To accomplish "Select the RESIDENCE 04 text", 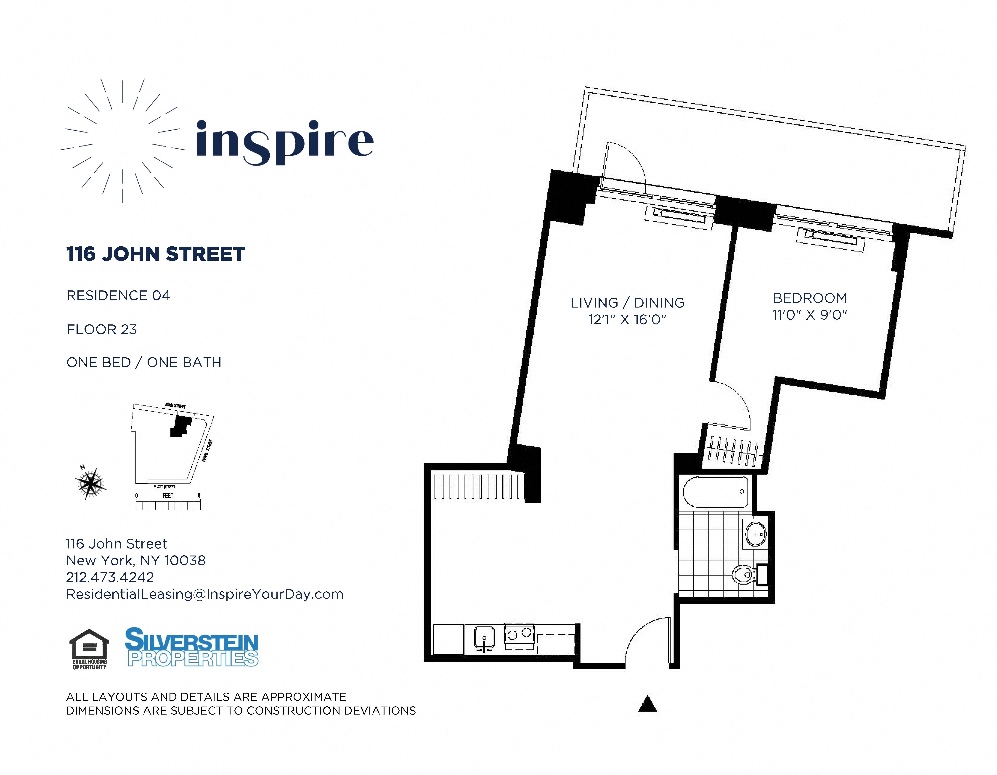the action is pos(118,296).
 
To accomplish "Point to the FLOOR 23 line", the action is pos(101,329).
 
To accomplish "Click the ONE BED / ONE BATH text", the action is pos(144,362).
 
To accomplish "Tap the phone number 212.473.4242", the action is pos(110,577).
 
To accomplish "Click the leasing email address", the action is pos(204,594).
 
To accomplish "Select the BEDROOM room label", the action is pos(810,298).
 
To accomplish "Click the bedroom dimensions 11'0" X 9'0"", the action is pos(810,315).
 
